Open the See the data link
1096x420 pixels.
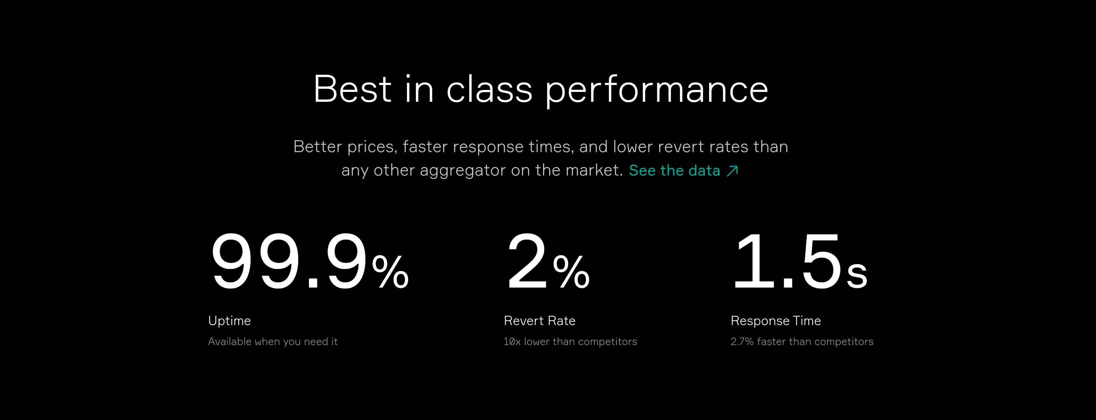(x=683, y=170)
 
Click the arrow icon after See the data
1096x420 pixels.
(x=732, y=171)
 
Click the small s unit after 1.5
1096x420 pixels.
(x=857, y=275)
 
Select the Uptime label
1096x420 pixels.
(x=229, y=320)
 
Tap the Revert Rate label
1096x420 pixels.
(x=539, y=320)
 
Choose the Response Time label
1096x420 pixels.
(x=776, y=320)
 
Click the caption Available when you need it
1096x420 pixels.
(x=273, y=341)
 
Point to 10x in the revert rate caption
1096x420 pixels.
(x=512, y=341)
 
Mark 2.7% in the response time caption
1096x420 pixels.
(x=742, y=341)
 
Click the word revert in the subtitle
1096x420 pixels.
(x=680, y=147)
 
